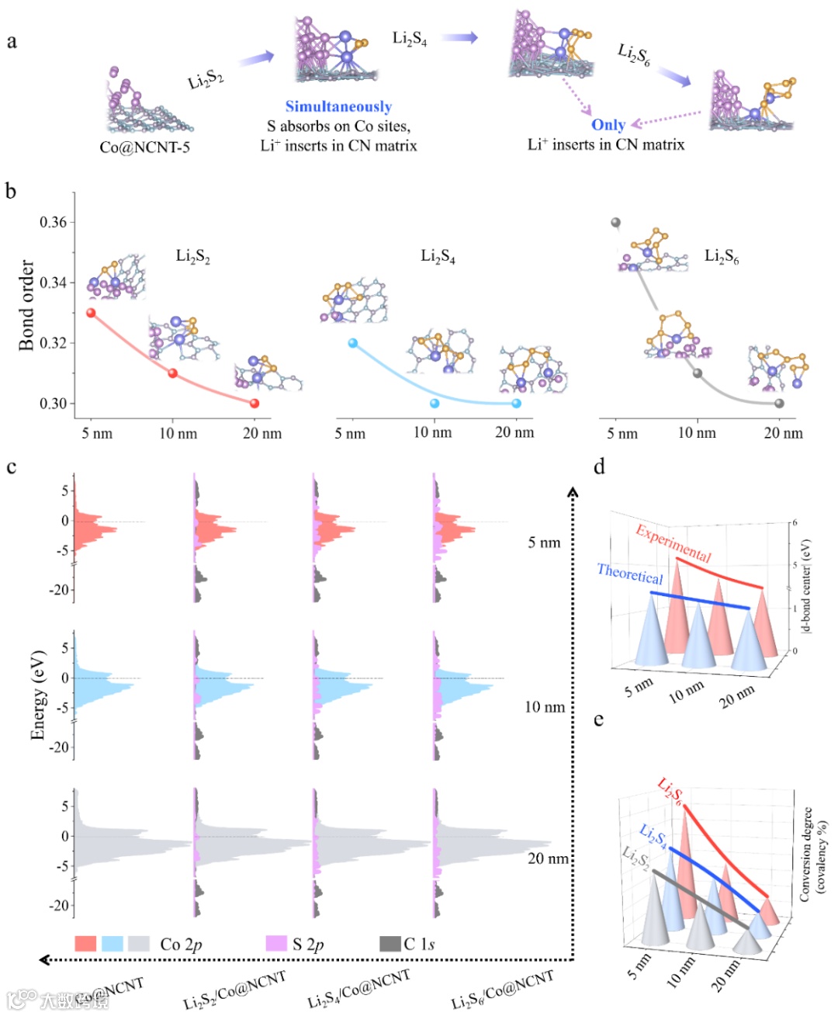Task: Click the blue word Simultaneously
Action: [338, 107]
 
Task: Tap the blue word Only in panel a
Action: [608, 125]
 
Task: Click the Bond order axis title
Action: [26, 305]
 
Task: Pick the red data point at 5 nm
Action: [91, 313]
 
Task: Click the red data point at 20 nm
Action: [254, 403]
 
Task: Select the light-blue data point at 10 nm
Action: [435, 403]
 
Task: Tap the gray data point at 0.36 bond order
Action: [616, 223]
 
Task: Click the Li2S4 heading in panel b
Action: [438, 256]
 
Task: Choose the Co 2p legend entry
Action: [181, 944]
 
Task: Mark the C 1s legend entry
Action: [419, 944]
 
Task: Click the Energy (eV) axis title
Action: [37, 695]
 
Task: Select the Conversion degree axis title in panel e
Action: [814, 855]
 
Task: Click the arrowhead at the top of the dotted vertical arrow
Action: [573, 492]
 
